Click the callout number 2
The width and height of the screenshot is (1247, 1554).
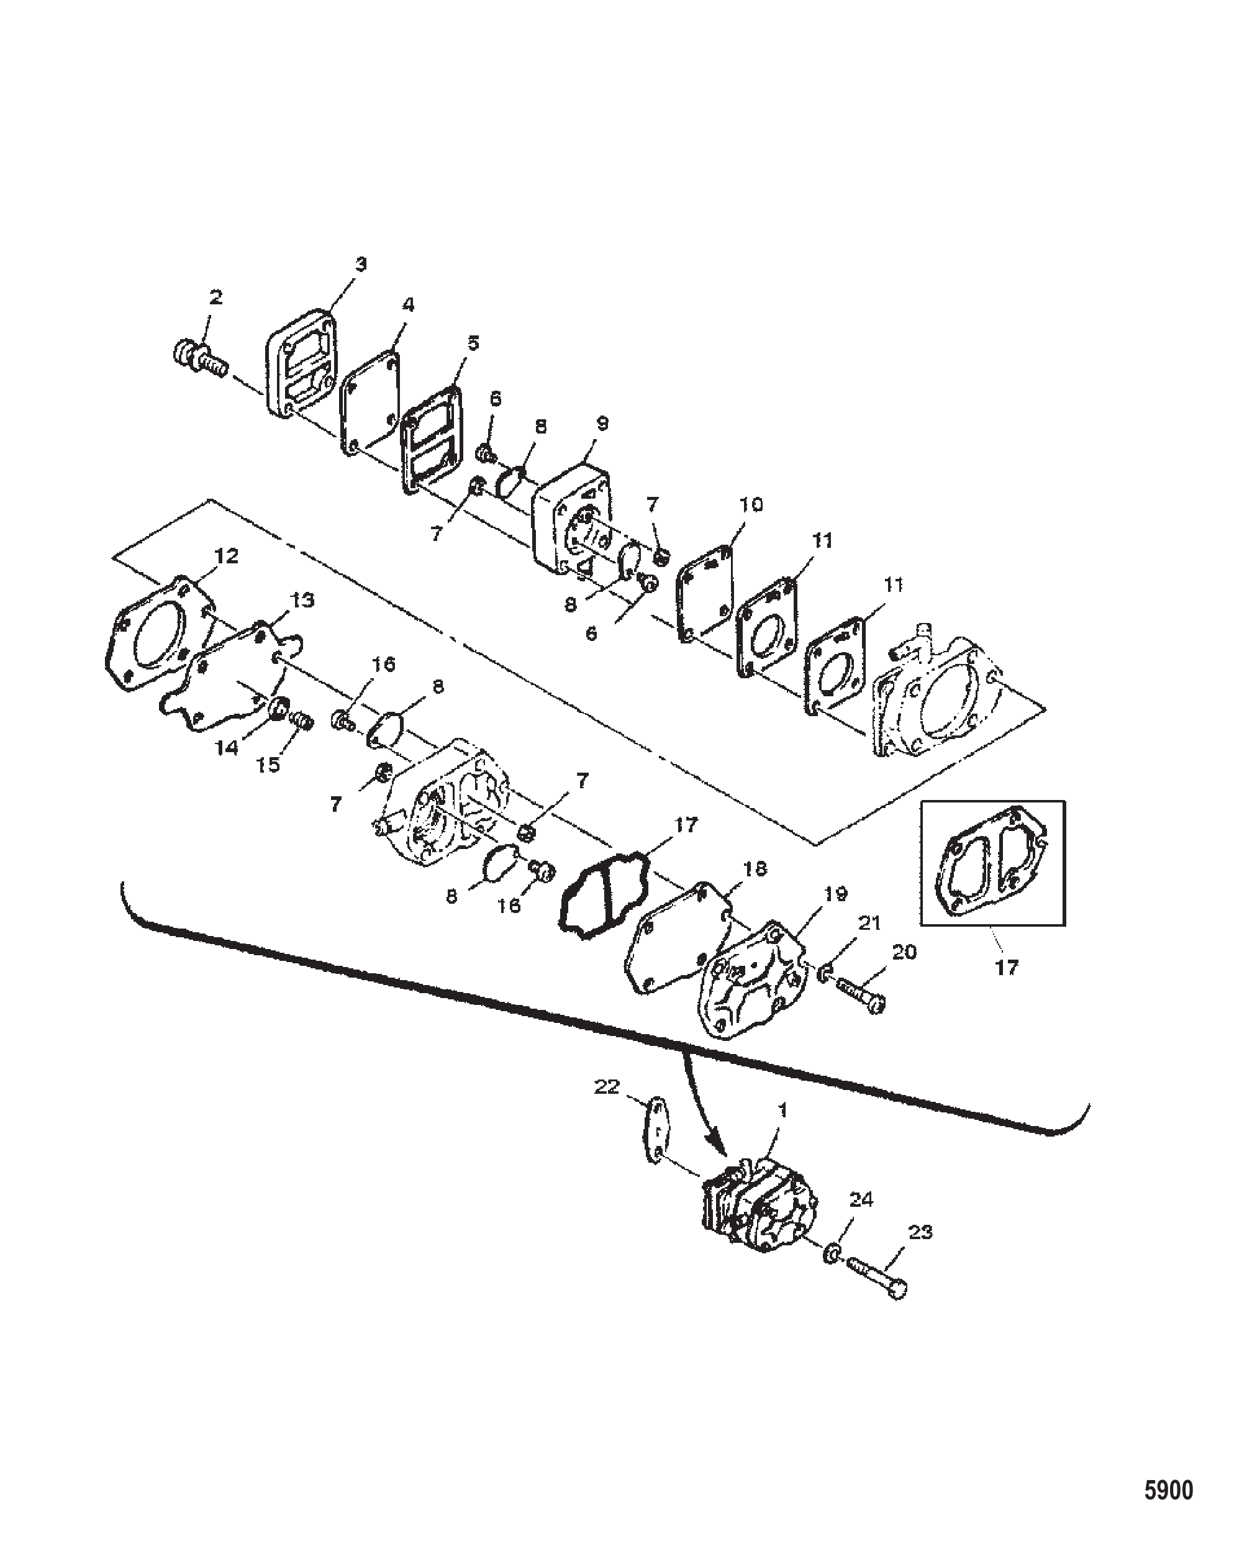point(215,297)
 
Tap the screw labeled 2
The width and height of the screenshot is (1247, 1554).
point(201,359)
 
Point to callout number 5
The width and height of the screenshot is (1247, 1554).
point(472,342)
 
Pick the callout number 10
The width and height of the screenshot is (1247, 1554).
point(751,504)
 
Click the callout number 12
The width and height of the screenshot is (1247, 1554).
point(226,556)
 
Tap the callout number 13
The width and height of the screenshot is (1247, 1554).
point(302,600)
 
